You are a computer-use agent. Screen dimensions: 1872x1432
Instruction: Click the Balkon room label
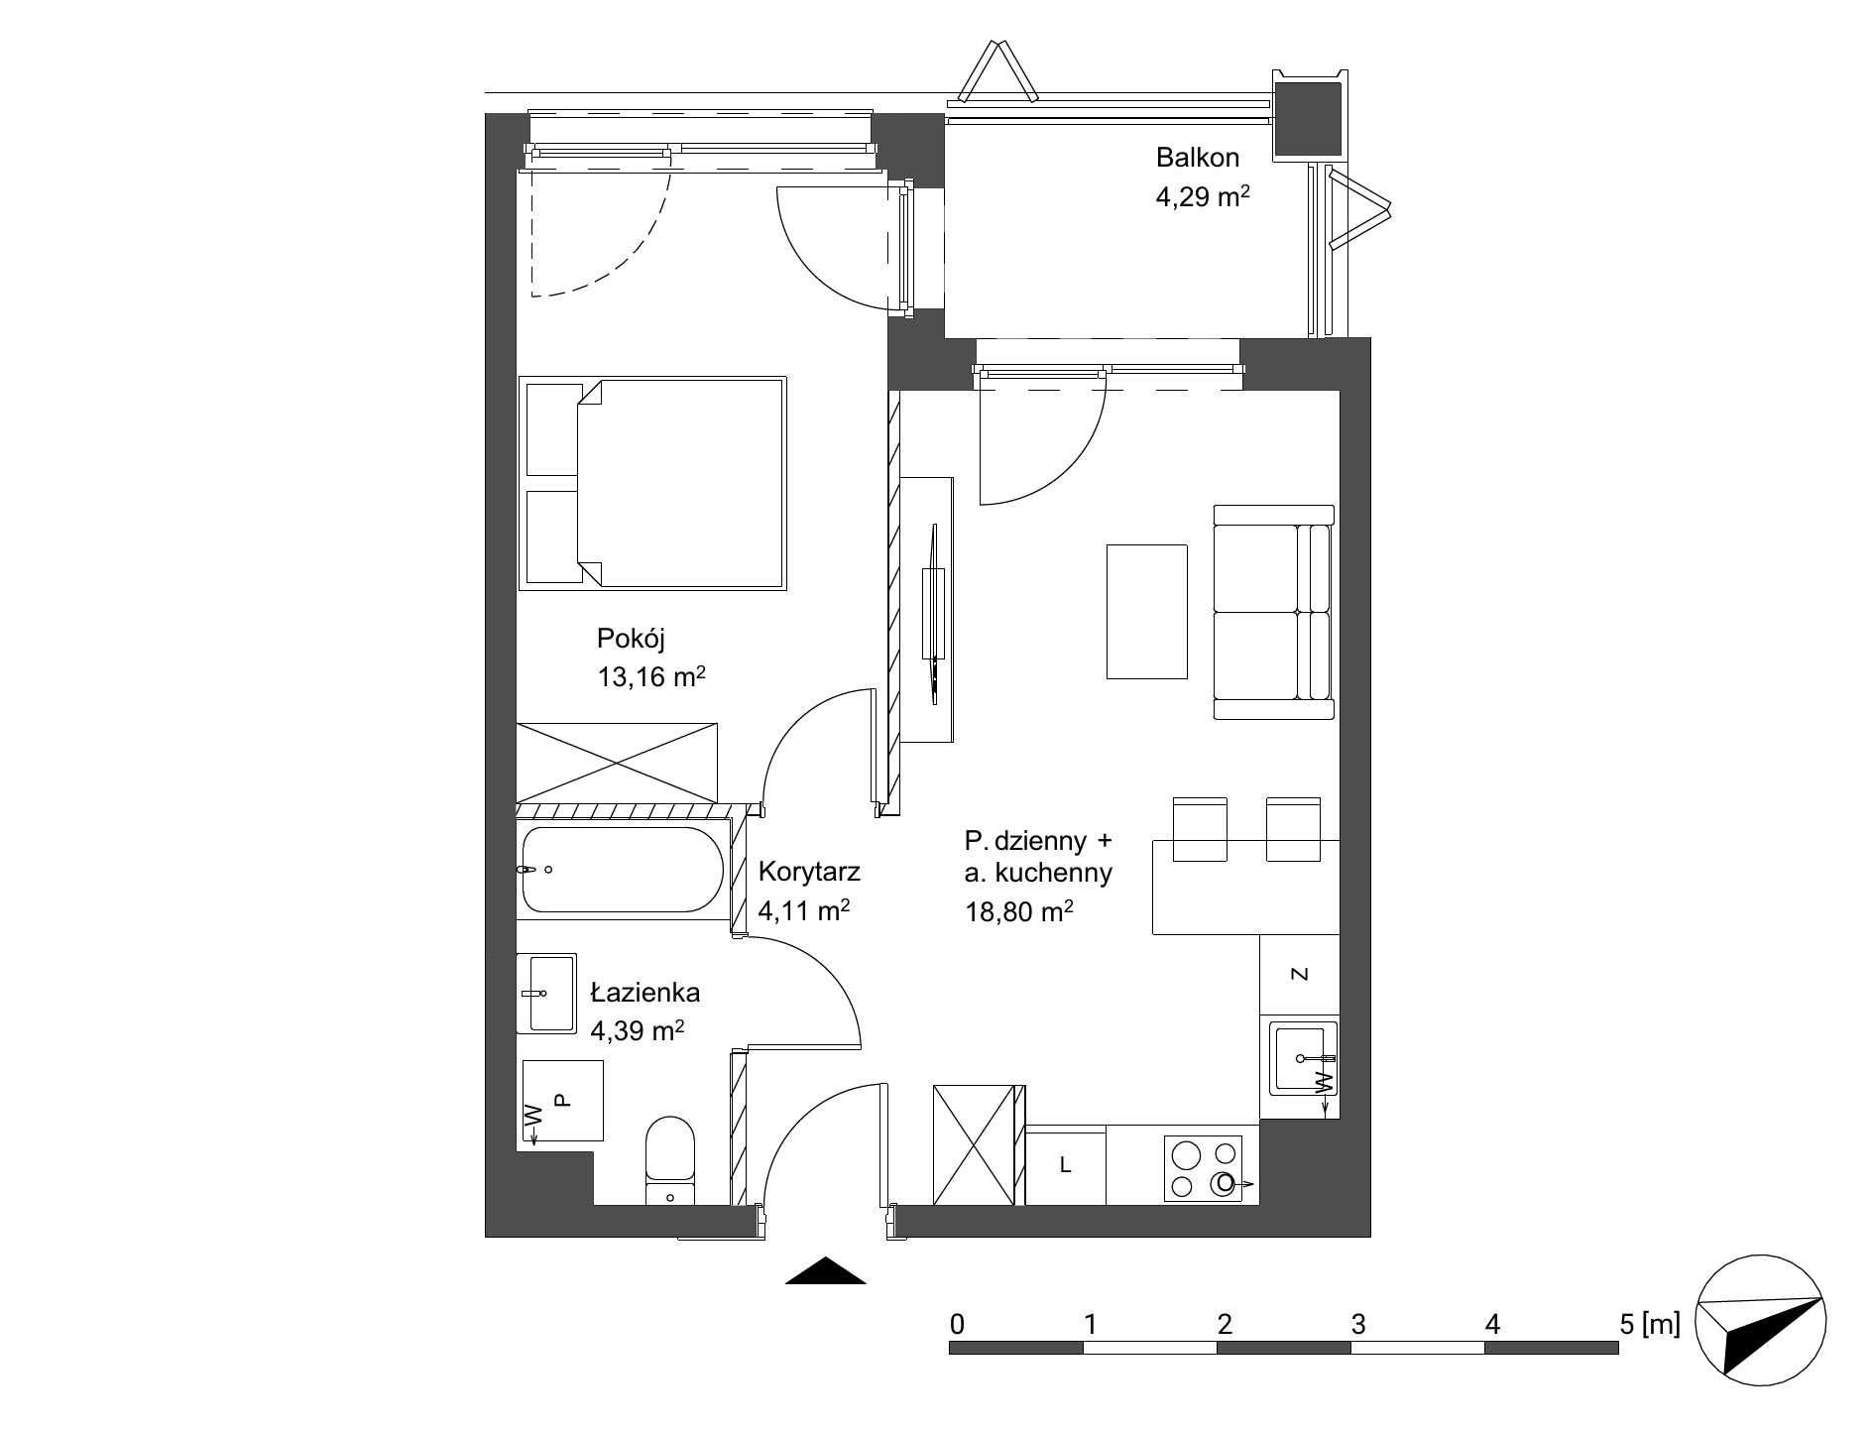click(1198, 157)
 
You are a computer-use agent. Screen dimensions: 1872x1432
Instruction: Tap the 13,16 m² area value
click(650, 676)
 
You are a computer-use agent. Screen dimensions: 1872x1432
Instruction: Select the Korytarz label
click(809, 872)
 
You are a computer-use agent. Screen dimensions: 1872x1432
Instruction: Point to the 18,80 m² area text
click(1020, 911)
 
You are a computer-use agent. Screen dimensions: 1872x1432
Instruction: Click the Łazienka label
click(645, 992)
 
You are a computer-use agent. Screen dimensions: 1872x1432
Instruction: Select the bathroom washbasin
click(546, 994)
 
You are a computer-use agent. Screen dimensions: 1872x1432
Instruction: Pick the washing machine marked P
click(560, 1100)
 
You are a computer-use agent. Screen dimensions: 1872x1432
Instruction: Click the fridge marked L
click(1065, 1165)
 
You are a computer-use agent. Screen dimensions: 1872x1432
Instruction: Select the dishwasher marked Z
click(1300, 975)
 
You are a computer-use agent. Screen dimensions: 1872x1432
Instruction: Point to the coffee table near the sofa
click(1147, 611)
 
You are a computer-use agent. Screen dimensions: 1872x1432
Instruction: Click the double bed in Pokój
click(652, 484)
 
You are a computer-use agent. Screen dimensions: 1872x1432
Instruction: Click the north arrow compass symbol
click(1760, 1321)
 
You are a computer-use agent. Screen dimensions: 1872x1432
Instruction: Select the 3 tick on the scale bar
click(1358, 1324)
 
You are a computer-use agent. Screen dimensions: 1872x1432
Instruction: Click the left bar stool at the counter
click(1200, 828)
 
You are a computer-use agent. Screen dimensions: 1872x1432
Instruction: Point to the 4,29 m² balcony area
click(1202, 196)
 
